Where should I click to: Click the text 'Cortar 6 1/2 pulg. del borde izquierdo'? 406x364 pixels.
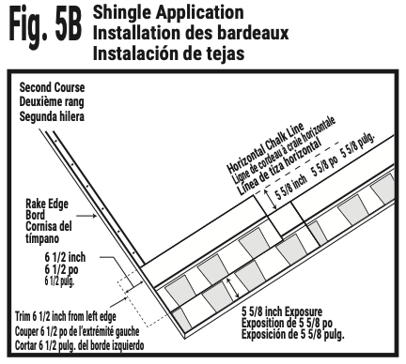click(x=81, y=344)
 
